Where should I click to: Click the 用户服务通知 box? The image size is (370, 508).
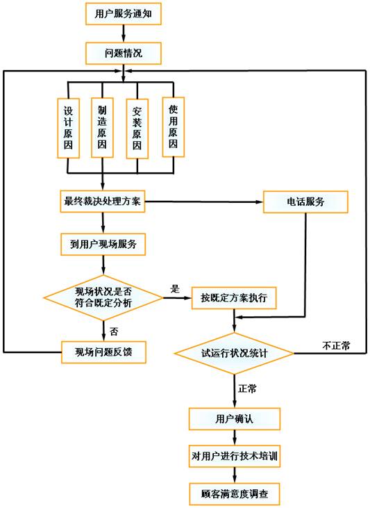[x=124, y=14]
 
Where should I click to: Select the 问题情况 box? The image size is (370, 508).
[x=124, y=53]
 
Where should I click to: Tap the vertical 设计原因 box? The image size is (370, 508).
[x=68, y=128]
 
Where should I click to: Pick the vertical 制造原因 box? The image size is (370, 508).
[x=102, y=127]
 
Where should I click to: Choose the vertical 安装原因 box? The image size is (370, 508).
[x=137, y=129]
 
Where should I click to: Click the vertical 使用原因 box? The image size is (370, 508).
[x=173, y=127]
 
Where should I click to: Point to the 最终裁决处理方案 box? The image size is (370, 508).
[x=102, y=202]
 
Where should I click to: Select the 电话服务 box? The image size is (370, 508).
[x=305, y=202]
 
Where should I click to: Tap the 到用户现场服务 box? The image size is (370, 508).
[x=103, y=245]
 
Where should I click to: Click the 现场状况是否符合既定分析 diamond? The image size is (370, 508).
[x=103, y=297]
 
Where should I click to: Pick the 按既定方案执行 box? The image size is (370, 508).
[x=234, y=297]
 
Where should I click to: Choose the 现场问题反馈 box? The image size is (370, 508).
[x=103, y=352]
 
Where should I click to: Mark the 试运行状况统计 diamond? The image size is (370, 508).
[x=234, y=353]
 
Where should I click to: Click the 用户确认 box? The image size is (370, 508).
[x=235, y=419]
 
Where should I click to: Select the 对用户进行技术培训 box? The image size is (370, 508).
[x=235, y=456]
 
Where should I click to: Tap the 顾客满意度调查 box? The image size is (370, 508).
[x=235, y=494]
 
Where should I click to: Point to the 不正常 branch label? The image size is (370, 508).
[x=336, y=345]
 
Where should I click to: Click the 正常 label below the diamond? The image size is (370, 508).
[x=247, y=388]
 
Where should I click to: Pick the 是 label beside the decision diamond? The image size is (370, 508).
[x=175, y=288]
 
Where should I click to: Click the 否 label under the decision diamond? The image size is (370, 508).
[x=114, y=331]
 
